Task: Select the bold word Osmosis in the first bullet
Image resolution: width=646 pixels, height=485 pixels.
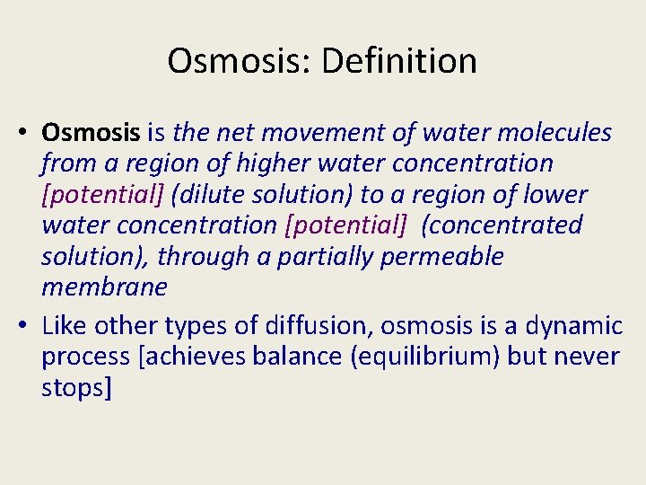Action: [91, 133]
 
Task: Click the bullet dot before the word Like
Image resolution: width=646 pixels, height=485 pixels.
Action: [25, 325]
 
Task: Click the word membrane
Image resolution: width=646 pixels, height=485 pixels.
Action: [104, 287]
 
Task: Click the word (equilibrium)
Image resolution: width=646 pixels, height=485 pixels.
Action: [415, 356]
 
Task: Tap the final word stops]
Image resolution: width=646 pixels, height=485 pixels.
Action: [76, 387]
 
